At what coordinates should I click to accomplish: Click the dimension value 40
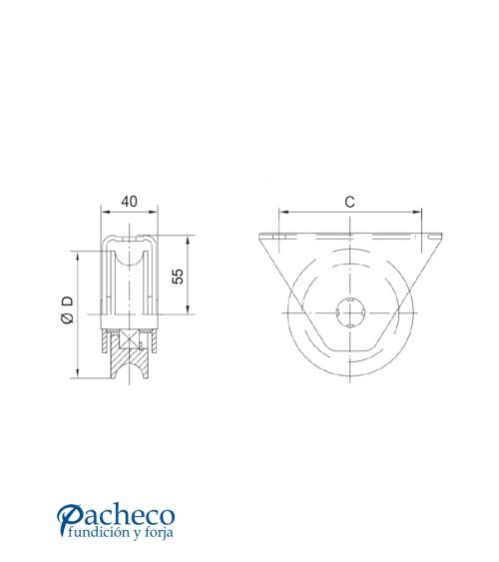(129, 202)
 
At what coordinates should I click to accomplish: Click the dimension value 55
(179, 277)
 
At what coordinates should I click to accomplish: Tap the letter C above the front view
(349, 202)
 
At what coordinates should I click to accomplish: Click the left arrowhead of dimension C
(282, 213)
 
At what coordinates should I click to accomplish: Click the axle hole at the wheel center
(349, 314)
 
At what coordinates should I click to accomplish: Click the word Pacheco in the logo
(128, 516)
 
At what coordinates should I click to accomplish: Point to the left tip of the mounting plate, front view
(259, 236)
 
